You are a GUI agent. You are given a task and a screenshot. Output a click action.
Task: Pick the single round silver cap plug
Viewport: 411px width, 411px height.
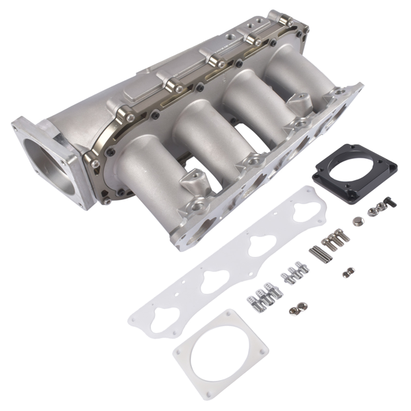(x=358, y=221)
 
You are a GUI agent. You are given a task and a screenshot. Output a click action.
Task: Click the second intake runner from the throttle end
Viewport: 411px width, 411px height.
(x=195, y=137)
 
